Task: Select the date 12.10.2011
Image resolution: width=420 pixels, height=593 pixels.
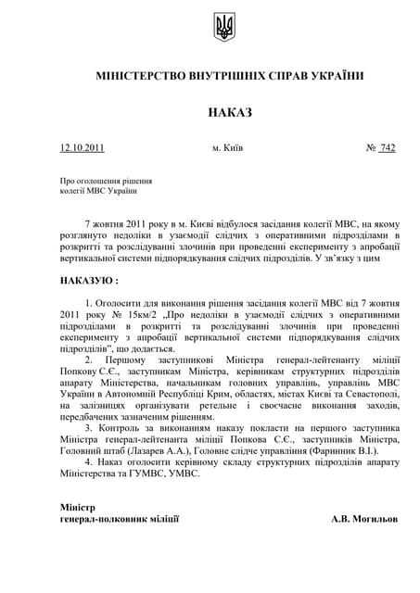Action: click(83, 148)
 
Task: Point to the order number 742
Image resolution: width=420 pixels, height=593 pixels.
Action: click(387, 148)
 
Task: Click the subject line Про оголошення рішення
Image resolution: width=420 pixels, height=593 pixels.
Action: click(105, 181)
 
